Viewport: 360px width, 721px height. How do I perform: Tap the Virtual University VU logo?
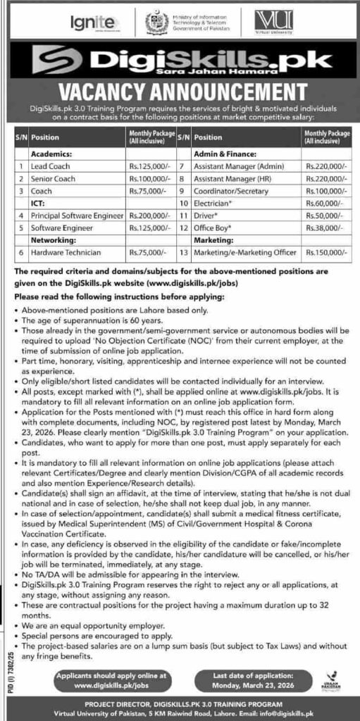(256, 22)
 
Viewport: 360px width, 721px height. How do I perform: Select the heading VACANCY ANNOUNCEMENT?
(180, 91)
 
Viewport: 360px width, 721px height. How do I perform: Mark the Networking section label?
(50, 239)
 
